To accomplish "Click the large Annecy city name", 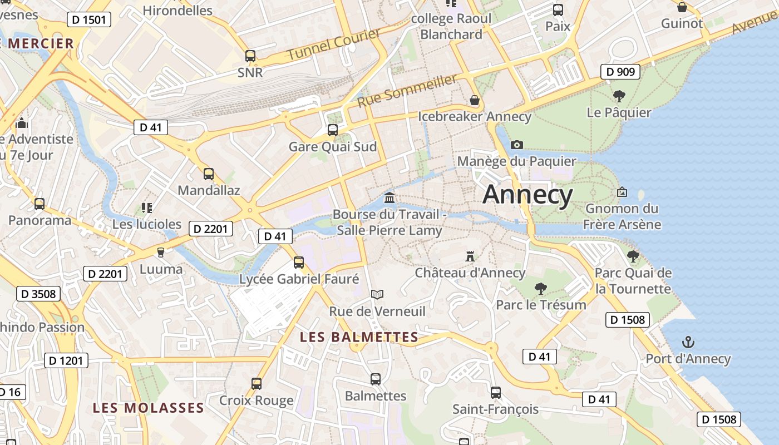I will tap(527, 195).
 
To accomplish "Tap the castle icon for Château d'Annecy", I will tap(470, 256).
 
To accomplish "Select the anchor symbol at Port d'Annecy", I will tap(688, 342).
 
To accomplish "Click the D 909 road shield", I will tap(620, 72).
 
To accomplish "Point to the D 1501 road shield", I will tap(89, 20).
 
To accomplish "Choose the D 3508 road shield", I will tap(38, 293).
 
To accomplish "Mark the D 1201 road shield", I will tap(66, 360).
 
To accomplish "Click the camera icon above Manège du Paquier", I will tap(517, 145).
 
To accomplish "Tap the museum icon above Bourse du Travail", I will tap(389, 197).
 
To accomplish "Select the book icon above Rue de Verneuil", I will tap(377, 294).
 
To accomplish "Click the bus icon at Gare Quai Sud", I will tap(333, 130).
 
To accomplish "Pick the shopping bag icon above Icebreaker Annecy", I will tap(475, 100).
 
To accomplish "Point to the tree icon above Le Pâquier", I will tap(619, 96).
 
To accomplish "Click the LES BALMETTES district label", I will tap(359, 337).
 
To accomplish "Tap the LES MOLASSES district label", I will tap(149, 408).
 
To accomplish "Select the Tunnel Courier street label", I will tap(334, 44).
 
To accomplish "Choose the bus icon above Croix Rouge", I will tap(257, 383).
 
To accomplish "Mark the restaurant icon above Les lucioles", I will tap(147, 208).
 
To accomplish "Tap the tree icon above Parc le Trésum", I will tap(540, 288).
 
